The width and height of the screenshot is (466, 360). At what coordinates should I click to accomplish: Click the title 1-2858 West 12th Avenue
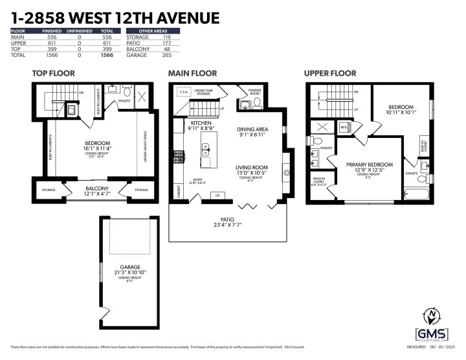(115, 17)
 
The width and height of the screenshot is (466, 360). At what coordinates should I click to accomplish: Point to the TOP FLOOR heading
(54, 73)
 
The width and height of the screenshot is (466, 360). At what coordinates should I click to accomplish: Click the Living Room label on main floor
(252, 170)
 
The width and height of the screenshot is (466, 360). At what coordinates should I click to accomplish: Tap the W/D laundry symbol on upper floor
(344, 126)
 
